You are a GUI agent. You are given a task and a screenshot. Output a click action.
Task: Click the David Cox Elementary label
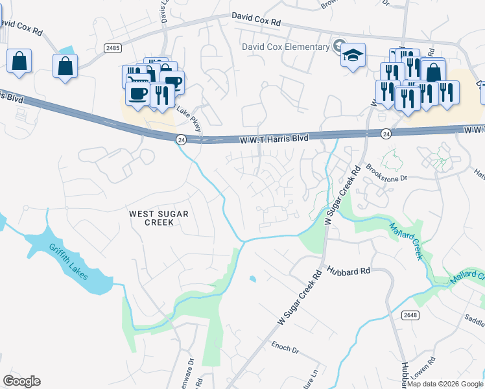tap(285, 47)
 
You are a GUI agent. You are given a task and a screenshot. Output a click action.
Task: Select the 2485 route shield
tap(112, 49)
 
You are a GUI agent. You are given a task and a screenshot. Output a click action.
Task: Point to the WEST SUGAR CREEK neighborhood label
tap(151, 218)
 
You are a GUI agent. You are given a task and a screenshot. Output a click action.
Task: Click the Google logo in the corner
tap(21, 381)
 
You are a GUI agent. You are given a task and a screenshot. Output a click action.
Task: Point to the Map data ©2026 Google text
tap(444, 384)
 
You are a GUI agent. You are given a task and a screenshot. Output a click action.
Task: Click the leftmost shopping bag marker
tap(19, 62)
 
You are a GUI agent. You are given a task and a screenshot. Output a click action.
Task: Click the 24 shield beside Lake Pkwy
tap(182, 139)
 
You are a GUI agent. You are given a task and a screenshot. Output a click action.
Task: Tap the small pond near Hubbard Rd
tap(252, 279)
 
